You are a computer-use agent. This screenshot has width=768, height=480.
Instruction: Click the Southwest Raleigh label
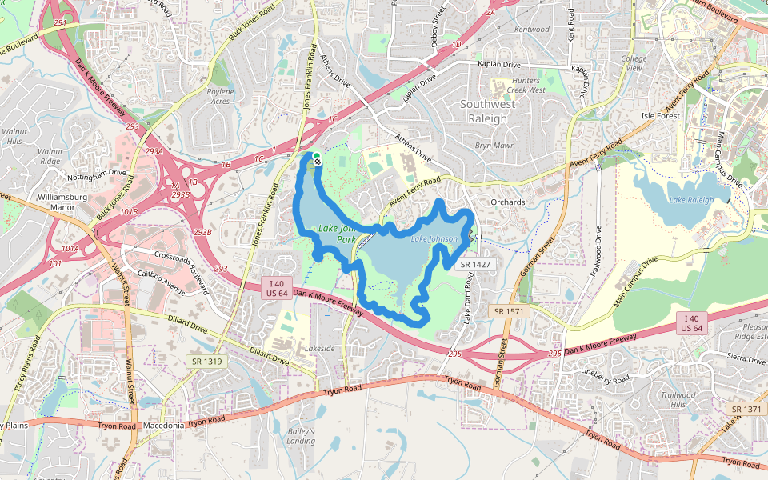(483, 111)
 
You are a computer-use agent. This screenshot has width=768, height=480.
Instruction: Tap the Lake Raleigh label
(691, 199)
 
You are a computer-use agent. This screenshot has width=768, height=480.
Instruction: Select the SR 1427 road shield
(476, 263)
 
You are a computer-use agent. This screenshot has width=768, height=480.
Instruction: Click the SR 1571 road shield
(509, 310)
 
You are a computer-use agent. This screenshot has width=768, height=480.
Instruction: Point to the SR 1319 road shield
(206, 362)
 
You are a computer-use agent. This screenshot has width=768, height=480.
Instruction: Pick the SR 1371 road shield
(746, 409)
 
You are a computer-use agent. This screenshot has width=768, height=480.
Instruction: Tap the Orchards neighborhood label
(508, 202)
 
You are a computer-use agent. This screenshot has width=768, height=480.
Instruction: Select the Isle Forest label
(660, 116)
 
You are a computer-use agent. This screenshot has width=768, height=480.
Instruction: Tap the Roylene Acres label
(219, 97)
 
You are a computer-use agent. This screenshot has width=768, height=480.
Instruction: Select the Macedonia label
(164, 426)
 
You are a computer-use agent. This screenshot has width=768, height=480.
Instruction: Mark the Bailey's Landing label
(301, 436)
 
